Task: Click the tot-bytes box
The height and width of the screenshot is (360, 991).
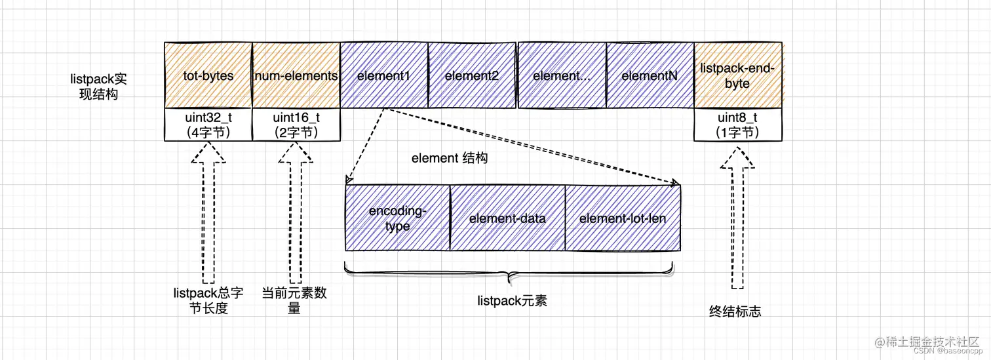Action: [x=208, y=75]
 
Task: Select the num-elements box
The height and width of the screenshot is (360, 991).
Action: [x=296, y=75]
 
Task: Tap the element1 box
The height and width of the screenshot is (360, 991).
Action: [x=384, y=75]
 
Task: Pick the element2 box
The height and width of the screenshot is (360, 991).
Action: [x=472, y=75]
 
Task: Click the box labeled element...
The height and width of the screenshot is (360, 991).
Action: [x=562, y=75]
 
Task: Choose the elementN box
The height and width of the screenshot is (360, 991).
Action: [x=650, y=75]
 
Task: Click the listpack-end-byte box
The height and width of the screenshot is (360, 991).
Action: [x=738, y=75]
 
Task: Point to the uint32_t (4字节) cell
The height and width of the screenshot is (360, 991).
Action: [x=208, y=125]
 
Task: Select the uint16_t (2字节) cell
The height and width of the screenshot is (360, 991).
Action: [x=296, y=125]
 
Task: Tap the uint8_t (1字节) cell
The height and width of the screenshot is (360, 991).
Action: [x=738, y=125]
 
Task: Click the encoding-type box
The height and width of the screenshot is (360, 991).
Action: [x=398, y=218]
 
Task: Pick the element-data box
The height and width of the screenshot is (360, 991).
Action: [x=507, y=218]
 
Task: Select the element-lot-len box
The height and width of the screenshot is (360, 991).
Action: [x=623, y=218]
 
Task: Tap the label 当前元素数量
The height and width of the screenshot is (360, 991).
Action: [x=294, y=300]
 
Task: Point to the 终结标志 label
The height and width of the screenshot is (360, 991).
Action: [x=735, y=312]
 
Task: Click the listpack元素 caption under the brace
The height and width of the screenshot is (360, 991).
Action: [x=512, y=301]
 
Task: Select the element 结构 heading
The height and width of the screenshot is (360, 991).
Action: [x=449, y=159]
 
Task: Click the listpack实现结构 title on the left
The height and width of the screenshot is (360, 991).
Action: [x=98, y=86]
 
